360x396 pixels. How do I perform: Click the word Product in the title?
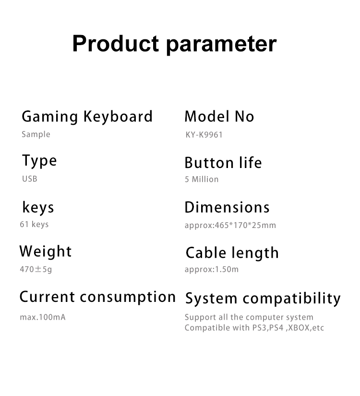point(115,43)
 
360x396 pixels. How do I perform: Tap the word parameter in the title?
point(221,44)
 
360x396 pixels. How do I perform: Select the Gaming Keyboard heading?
point(87,117)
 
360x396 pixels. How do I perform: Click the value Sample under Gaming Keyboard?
point(36,134)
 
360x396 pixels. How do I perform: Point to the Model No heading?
point(219,116)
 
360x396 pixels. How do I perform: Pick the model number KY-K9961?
point(204,135)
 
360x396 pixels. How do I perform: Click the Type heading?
point(39,161)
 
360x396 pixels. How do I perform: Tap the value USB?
point(29,179)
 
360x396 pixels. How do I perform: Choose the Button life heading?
point(223,163)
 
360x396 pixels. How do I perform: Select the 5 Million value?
point(202,180)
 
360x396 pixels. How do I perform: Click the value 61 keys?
point(34,224)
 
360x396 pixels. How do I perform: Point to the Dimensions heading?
point(227,207)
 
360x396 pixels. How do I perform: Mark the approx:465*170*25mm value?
point(230,225)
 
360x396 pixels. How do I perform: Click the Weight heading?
point(46,252)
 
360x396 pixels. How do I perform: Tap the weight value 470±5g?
point(36,269)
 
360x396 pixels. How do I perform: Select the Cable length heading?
point(232,253)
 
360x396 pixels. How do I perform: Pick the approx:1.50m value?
point(212,269)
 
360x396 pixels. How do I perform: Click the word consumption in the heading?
point(128,298)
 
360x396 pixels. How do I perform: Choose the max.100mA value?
point(42,317)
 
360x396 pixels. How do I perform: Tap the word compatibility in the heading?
point(291,299)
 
